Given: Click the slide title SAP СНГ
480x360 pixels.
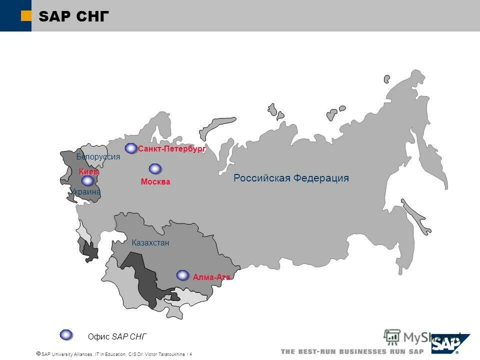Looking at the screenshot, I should pyautogui.click(x=73, y=16).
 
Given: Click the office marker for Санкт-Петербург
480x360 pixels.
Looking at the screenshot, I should pyautogui.click(x=131, y=148).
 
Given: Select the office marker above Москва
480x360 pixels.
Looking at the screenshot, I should pyautogui.click(x=155, y=169).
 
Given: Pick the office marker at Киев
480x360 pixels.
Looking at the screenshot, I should pyautogui.click(x=87, y=181).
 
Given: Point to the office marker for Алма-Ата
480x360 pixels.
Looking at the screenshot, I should pyautogui.click(x=182, y=275).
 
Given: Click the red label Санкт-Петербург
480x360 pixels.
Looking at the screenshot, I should pyautogui.click(x=172, y=149).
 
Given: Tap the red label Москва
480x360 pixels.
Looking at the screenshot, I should pyautogui.click(x=155, y=182).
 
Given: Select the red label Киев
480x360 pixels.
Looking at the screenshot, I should pyautogui.click(x=88, y=172).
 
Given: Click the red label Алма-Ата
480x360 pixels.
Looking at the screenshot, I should pyautogui.click(x=211, y=277).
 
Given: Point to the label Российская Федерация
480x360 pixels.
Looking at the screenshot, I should pyautogui.click(x=291, y=178).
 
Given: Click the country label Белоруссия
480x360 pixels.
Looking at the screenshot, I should pyautogui.click(x=98, y=157).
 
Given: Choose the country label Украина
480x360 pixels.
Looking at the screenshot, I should pyautogui.click(x=85, y=191).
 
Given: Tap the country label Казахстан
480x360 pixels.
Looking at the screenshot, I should pyautogui.click(x=150, y=243).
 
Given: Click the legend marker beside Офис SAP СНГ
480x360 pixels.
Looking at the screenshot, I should pyautogui.click(x=66, y=334).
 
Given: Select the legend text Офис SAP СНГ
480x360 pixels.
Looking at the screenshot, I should pyautogui.click(x=117, y=336).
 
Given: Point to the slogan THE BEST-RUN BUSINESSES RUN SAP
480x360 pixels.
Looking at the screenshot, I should pyautogui.click(x=352, y=351).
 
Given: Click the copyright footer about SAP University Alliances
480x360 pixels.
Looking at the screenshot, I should pyautogui.click(x=114, y=354).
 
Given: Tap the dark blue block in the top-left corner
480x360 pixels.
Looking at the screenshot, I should pyautogui.click(x=15, y=15).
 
